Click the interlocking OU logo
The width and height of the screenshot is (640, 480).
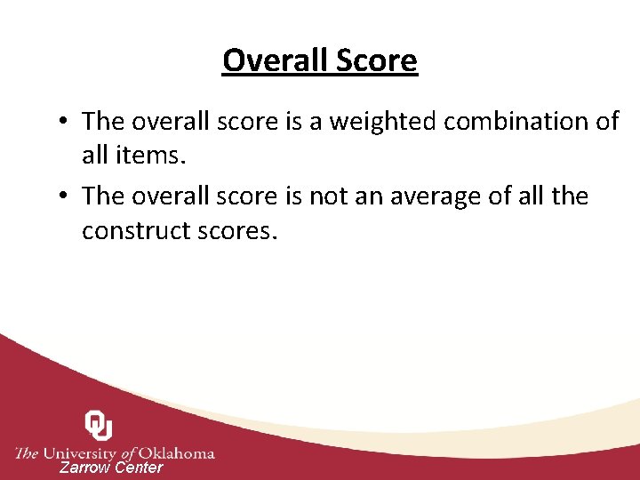click(99, 425)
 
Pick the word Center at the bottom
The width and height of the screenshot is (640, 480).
click(140, 468)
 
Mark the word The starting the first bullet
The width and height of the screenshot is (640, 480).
click(102, 121)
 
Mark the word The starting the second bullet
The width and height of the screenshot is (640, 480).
click(102, 196)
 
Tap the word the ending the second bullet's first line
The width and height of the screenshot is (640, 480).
click(569, 196)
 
